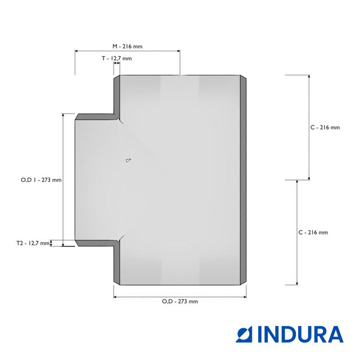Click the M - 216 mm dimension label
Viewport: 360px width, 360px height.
point(128,46)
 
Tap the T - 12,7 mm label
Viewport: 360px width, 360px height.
point(117,58)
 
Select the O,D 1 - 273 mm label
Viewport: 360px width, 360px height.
point(41,180)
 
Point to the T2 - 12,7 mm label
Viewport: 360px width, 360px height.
point(33,243)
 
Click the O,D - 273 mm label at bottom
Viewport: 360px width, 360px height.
point(180,301)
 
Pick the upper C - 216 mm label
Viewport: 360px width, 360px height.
point(325,128)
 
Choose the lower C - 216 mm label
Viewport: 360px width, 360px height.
point(313,232)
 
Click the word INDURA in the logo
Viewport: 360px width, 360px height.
point(300,334)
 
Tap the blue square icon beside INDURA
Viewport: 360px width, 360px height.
point(244,334)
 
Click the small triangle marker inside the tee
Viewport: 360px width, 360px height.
point(128,160)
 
